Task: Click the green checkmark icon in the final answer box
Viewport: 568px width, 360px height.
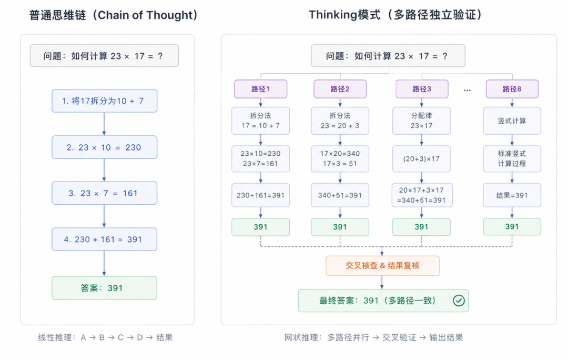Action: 459,301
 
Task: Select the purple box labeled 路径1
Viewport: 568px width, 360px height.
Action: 260,89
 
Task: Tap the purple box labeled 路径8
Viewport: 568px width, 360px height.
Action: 512,89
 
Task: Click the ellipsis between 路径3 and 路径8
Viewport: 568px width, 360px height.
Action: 468,90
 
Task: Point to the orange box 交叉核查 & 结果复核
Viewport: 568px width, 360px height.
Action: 382,266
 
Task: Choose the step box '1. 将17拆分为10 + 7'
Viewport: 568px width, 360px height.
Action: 104,101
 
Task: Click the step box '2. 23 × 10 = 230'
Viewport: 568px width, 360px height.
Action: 104,147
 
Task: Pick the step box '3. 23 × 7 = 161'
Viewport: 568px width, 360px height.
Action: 104,193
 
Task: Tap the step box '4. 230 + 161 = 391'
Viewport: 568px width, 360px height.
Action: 104,239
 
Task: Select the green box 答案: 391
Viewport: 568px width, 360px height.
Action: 104,288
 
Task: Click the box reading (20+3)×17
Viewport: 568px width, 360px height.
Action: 421,159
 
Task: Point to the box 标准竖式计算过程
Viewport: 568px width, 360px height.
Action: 512,159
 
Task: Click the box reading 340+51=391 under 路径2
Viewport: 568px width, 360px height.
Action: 340,195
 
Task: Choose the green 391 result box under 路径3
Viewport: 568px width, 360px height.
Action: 421,227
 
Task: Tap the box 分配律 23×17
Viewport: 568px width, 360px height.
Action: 421,121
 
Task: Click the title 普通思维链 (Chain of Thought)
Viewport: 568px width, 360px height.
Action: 114,15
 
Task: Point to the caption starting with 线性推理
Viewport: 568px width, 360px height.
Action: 105,337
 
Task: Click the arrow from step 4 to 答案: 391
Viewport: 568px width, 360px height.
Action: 104,264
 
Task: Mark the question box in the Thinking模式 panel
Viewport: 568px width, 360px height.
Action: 388,55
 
